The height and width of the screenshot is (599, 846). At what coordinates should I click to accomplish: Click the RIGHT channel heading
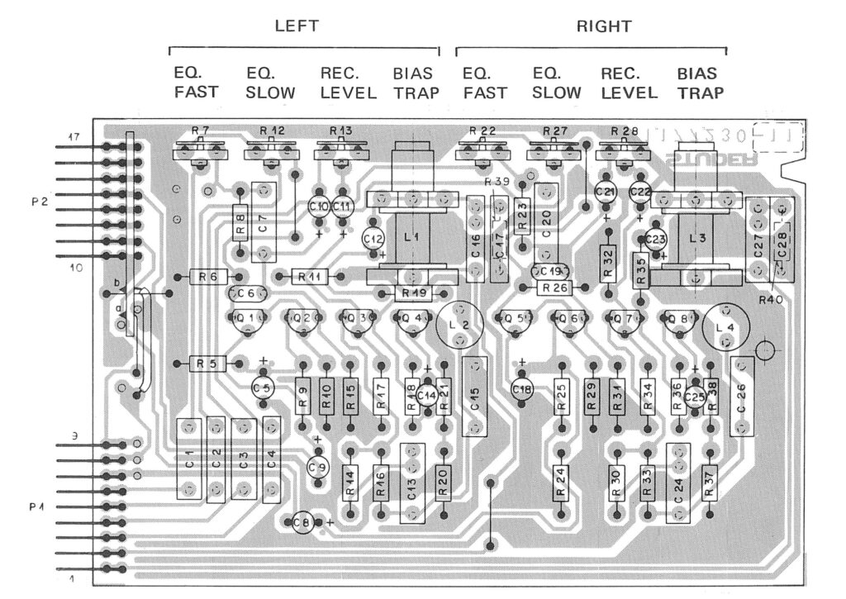point(604,26)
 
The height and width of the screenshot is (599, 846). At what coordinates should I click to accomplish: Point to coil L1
point(412,237)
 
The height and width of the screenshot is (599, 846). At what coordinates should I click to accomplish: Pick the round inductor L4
point(725,328)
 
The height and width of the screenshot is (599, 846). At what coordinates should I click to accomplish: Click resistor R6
point(208,278)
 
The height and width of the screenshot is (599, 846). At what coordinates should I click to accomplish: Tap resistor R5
point(207,363)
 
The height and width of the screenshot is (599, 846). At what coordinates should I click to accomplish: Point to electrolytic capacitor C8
point(303,522)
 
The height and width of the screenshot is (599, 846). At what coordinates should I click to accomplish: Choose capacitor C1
point(189,459)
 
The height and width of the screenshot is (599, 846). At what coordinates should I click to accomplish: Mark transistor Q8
point(679,319)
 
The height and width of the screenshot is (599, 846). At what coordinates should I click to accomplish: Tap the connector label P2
point(36,201)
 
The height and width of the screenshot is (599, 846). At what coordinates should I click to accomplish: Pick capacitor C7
point(263,223)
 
